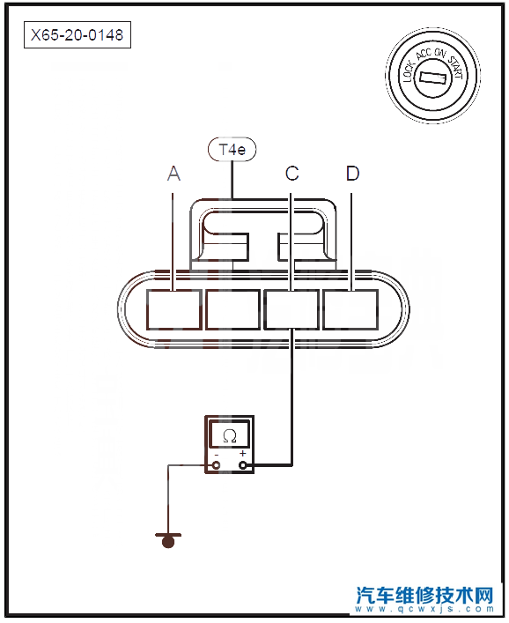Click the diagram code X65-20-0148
tap(77, 35)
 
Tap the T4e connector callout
tap(232, 150)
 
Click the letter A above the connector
tap(173, 174)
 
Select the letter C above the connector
tap(291, 174)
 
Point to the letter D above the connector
tap(352, 174)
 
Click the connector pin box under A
tap(173, 310)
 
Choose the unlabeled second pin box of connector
tap(233, 310)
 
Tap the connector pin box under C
tap(291, 310)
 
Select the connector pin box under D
tap(350, 310)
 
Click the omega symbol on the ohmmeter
tap(230, 436)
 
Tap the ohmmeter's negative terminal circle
tap(217, 465)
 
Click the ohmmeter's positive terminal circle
tap(242, 465)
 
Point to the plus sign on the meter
tap(242, 453)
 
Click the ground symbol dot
tap(168, 542)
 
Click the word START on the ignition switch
tap(456, 66)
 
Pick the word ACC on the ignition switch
tap(424, 55)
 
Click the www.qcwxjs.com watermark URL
tap(424, 609)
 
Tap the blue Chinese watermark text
tap(424, 595)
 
